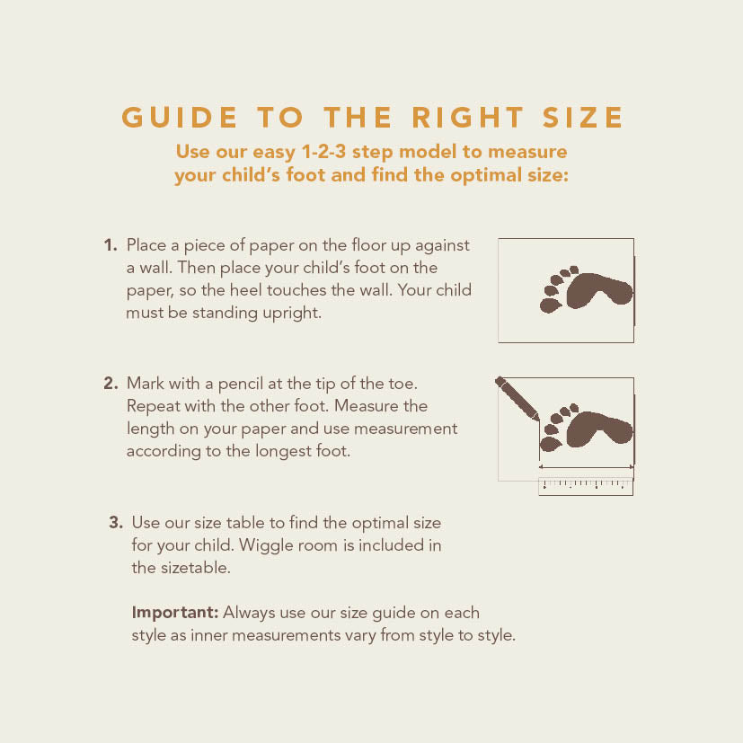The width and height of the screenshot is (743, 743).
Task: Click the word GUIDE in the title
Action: click(x=179, y=117)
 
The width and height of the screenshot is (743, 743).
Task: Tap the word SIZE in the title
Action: click(x=582, y=117)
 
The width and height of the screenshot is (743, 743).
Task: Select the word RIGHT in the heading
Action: click(x=468, y=117)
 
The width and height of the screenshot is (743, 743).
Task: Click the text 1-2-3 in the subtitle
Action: click(x=323, y=152)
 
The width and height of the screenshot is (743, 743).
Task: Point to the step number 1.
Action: click(x=111, y=245)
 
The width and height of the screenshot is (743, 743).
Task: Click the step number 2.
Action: click(x=111, y=383)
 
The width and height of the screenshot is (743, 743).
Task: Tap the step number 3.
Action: click(x=116, y=522)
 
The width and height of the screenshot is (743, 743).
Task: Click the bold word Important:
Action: click(x=175, y=612)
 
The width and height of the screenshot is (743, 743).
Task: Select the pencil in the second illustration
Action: click(x=517, y=399)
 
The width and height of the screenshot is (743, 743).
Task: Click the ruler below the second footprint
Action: click(x=586, y=487)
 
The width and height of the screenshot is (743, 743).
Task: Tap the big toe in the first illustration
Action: click(x=551, y=305)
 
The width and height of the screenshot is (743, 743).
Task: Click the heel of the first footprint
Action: click(x=620, y=291)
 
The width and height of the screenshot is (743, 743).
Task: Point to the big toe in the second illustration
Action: click(x=551, y=444)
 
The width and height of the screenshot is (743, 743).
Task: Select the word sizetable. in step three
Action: click(x=196, y=568)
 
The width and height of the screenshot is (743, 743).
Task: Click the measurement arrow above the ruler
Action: click(x=586, y=467)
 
